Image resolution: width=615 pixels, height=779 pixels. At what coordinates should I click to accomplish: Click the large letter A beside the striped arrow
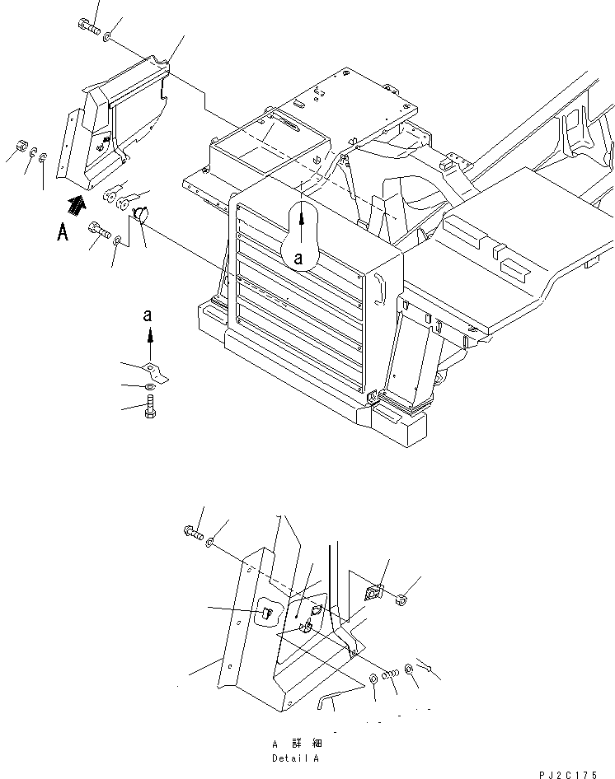[63, 233]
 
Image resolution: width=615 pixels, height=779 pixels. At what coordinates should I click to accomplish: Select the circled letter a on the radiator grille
[298, 258]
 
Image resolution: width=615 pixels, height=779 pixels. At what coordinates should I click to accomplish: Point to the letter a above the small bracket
[148, 315]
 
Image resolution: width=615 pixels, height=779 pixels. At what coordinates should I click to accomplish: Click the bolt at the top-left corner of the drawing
[88, 27]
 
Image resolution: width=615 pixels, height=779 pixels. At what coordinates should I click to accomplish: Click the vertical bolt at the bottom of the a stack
[149, 406]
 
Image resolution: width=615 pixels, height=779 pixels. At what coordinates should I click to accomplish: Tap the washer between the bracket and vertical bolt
[148, 386]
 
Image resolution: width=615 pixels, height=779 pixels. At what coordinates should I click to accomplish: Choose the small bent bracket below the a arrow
[153, 370]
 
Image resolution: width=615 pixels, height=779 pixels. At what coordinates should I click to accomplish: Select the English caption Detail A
[295, 757]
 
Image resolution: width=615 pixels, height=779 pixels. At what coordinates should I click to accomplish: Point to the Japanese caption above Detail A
[295, 744]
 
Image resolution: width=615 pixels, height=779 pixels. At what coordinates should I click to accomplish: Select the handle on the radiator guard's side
[379, 288]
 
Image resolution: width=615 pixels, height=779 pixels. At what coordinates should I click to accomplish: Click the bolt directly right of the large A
[99, 231]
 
